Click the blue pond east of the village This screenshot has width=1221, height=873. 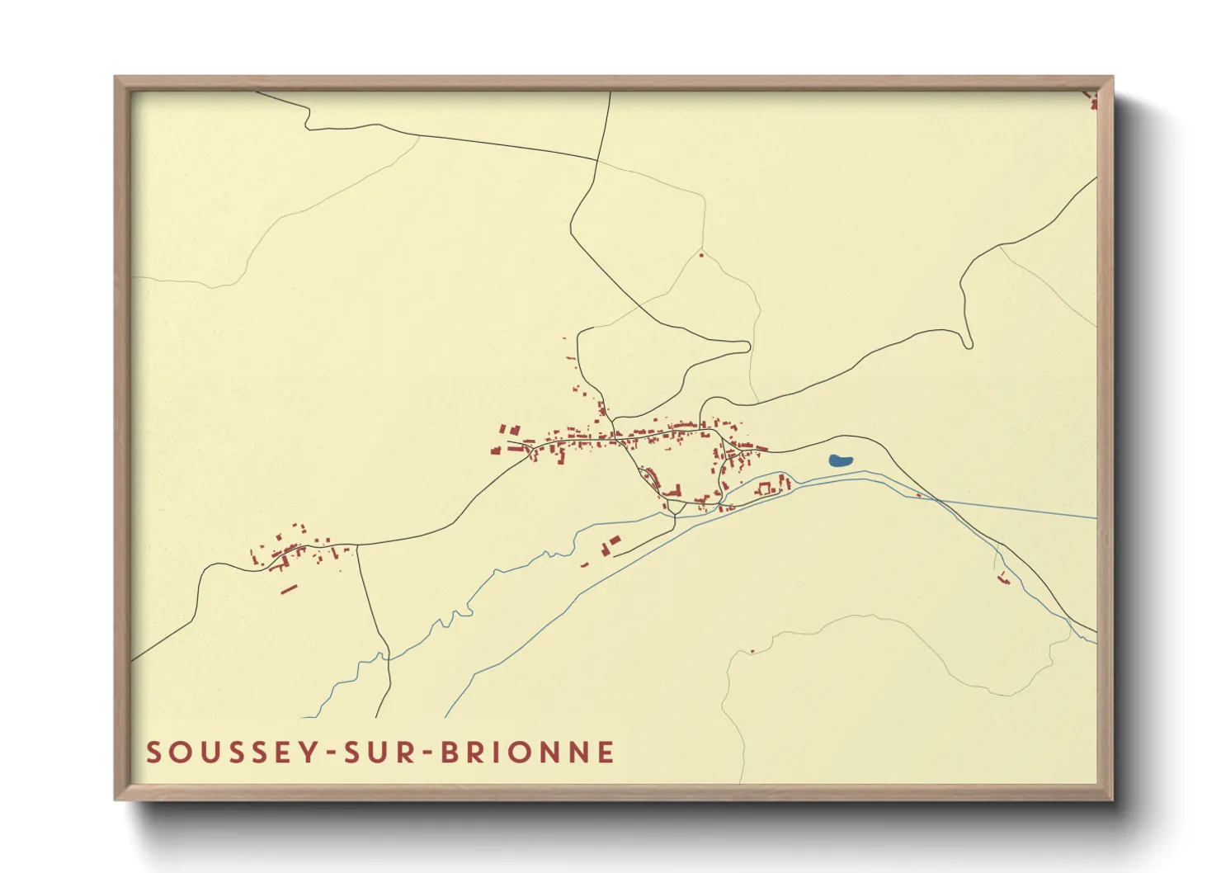[x=841, y=461]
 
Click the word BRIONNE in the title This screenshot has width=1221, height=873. [x=527, y=753]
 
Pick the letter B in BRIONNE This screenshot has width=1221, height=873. [x=448, y=753]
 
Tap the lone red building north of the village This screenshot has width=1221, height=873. [x=701, y=255]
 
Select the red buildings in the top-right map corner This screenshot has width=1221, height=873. [x=1093, y=101]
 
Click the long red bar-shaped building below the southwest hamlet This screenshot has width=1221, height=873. [x=288, y=589]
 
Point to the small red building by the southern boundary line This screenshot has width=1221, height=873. [x=752, y=652]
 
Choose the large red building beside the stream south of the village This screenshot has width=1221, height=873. [x=615, y=540]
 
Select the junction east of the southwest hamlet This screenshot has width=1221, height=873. [x=357, y=545]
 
